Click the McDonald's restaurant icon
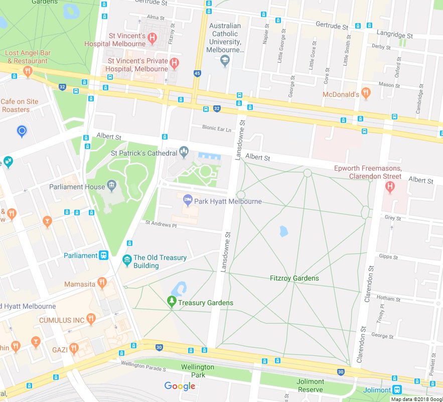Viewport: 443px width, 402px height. pos(366,93)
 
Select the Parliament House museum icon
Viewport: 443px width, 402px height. pos(111,187)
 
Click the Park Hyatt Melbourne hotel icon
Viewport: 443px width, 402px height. pos(188,201)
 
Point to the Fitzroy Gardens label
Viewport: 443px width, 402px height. pos(294,278)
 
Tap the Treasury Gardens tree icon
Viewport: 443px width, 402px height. pos(172,302)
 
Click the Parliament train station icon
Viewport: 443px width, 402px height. pos(104,255)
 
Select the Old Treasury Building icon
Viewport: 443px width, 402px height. pos(127,260)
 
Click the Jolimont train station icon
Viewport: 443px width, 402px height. pos(397,389)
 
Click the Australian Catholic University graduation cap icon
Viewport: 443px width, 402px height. pos(225,61)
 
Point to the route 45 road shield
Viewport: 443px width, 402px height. pos(197,73)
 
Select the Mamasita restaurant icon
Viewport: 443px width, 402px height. pos(102,284)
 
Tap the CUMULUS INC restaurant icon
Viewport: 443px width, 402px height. pos(91,319)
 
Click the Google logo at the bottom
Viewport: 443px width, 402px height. pos(180,386)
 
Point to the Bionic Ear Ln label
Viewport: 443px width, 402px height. pos(217,128)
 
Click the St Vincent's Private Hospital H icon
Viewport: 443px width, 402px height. pos(174,63)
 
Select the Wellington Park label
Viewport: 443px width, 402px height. pos(198,371)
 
